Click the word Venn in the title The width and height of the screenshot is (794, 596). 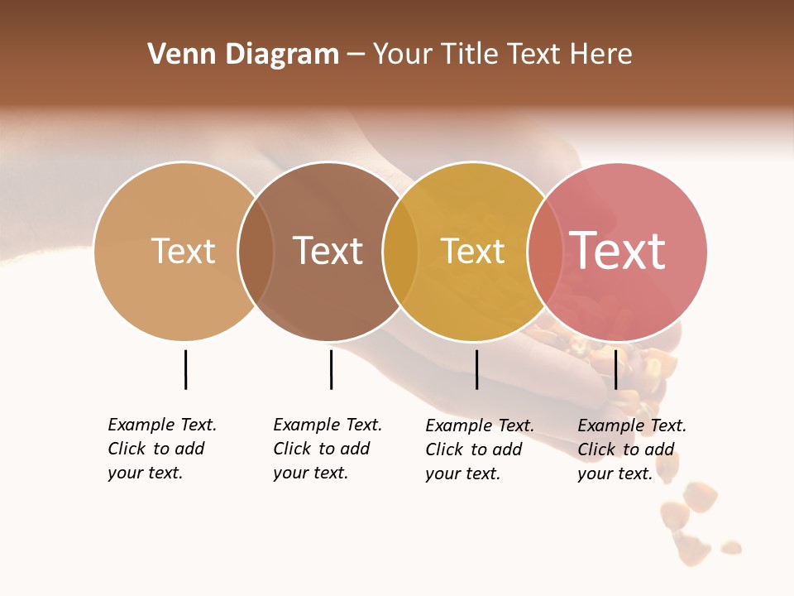point(175,55)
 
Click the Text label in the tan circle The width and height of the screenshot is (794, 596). point(184,251)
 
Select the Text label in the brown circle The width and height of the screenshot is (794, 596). point(328,251)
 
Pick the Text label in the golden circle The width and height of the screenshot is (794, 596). point(473,251)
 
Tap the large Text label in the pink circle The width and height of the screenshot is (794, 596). point(618,251)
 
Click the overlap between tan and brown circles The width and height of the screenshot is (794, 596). point(256,252)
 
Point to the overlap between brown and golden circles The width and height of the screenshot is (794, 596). point(400,252)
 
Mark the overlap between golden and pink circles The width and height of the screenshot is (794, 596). point(545,252)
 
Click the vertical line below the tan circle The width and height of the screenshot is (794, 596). point(185,369)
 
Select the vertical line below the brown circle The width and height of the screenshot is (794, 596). point(331,369)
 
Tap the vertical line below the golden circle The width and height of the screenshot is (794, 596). point(476,369)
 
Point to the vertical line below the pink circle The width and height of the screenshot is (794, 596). point(615,369)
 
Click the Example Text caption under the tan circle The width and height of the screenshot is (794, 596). point(161,449)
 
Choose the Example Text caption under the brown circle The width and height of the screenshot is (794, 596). point(327,449)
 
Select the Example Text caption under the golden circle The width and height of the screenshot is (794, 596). point(479,449)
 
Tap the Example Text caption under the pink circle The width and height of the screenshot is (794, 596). point(631,449)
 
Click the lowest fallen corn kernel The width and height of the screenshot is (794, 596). point(730,546)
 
